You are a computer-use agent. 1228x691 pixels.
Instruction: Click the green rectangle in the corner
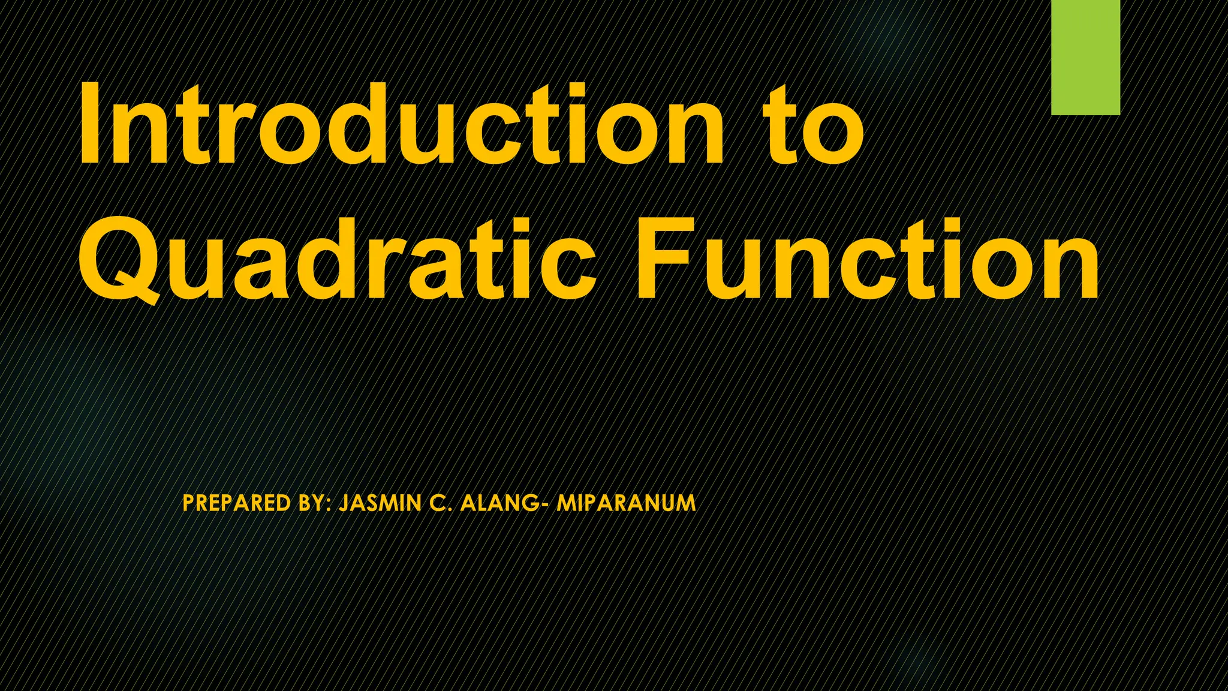click(1085, 57)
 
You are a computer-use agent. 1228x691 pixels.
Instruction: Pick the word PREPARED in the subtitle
click(237, 503)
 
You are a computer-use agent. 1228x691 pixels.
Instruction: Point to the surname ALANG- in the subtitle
click(503, 503)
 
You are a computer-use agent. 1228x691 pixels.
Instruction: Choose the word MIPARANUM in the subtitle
click(626, 503)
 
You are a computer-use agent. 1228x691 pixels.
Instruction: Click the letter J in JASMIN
click(344, 503)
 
